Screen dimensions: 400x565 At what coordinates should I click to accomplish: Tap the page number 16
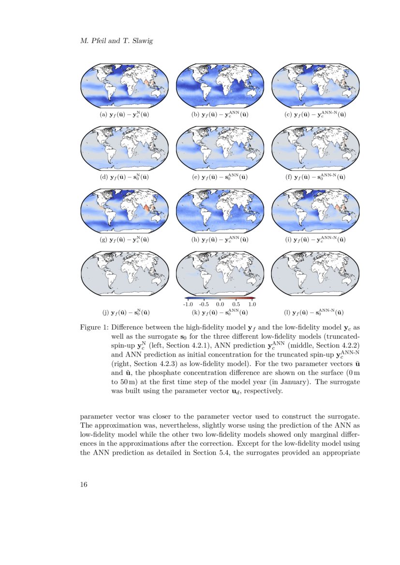tap(84, 485)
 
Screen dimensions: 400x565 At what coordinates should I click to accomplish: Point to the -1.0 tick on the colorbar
tap(188, 304)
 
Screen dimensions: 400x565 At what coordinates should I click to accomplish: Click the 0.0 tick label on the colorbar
tap(220, 304)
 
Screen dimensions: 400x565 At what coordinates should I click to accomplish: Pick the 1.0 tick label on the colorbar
tap(252, 304)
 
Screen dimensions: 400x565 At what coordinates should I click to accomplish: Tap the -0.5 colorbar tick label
tap(204, 304)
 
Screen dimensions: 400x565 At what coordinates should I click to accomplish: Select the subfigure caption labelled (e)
tap(220, 177)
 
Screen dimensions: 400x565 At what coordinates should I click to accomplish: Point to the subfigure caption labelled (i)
tap(316, 239)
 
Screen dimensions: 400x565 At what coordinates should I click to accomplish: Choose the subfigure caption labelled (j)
tap(124, 312)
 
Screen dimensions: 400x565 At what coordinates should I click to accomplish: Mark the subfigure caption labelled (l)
tap(316, 312)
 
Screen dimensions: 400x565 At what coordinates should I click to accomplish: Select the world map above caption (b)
tap(220, 86)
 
